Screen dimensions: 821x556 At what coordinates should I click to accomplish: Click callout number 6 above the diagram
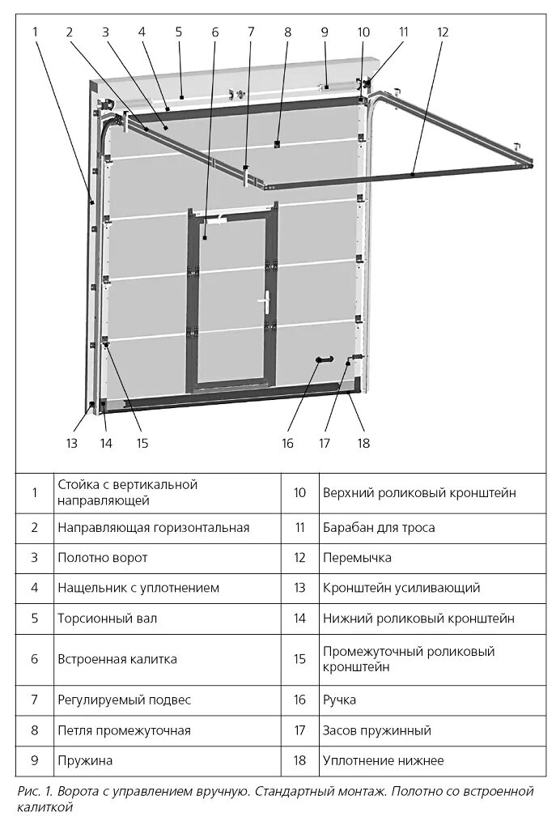215,32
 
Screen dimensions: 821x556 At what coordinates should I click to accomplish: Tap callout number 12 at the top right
442,32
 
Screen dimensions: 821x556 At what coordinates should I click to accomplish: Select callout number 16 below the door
288,443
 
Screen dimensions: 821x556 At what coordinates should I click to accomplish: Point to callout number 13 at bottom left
72,443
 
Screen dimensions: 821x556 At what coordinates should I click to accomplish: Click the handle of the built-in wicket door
264,301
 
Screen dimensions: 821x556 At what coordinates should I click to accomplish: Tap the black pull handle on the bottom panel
325,359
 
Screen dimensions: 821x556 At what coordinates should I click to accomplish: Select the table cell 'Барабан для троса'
378,528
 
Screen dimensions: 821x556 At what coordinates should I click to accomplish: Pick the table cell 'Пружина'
85,761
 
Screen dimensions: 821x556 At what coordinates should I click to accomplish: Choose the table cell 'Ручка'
339,700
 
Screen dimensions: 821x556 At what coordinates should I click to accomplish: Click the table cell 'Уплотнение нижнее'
383,761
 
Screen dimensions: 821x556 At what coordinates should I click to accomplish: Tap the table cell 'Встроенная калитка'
117,659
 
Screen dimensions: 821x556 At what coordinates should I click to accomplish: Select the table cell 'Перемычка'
357,558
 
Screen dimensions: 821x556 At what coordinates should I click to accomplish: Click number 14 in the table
300,619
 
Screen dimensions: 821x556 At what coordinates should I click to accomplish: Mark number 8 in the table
35,730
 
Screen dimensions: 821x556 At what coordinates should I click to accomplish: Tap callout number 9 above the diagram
325,32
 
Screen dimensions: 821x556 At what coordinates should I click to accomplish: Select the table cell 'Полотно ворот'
103,558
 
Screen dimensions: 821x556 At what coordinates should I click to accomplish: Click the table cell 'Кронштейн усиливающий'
401,588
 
